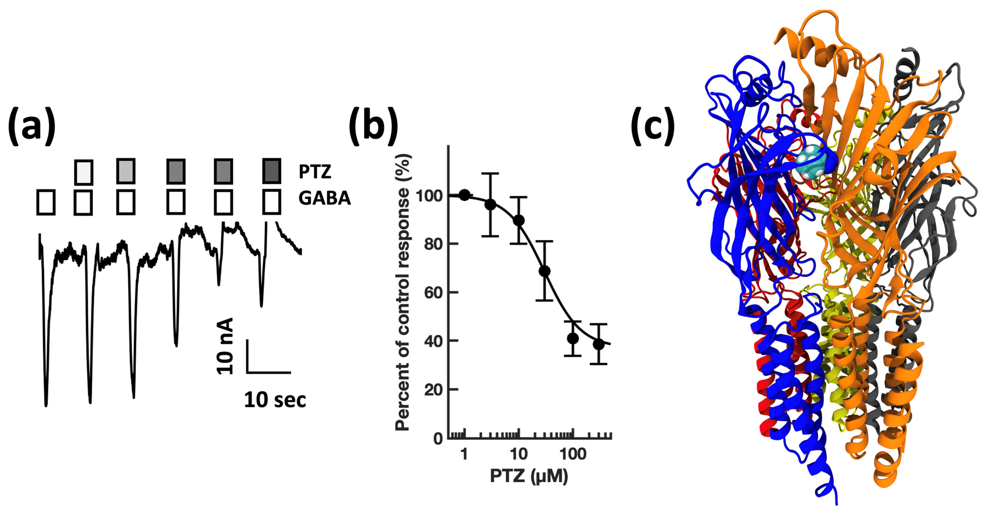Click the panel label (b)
[373, 126]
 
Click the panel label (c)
[653, 126]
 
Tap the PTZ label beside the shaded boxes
[315, 172]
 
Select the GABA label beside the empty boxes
[324, 198]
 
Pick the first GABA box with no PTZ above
[46, 202]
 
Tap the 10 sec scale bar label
[275, 400]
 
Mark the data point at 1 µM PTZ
[464, 195]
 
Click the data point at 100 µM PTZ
[573, 338]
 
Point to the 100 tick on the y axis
[429, 196]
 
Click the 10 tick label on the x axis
[518, 455]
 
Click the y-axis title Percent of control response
[402, 292]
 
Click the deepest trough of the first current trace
[46, 405]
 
